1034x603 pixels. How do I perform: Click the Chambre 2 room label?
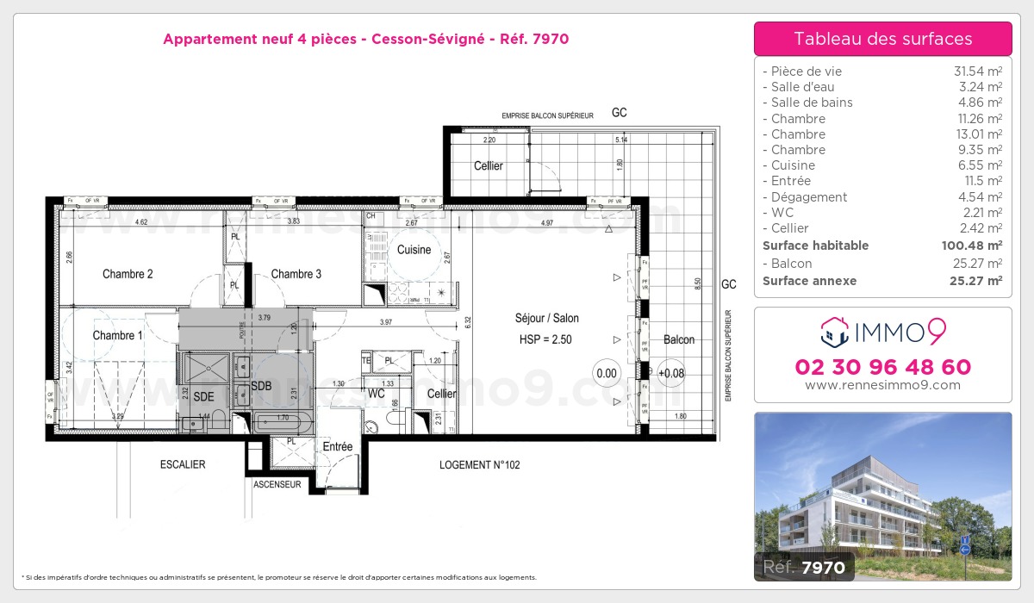[128, 274]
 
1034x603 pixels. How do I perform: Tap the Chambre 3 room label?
[296, 274]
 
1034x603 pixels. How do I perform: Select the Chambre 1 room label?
[118, 335]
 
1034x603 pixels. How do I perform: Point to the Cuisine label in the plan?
[414, 250]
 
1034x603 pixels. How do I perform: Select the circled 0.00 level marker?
[607, 373]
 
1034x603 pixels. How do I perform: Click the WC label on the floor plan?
[377, 394]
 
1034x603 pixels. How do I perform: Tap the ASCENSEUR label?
[277, 485]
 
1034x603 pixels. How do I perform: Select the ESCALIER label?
[183, 464]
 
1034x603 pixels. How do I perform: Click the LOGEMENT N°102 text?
[479, 464]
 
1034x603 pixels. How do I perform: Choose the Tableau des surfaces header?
[882, 39]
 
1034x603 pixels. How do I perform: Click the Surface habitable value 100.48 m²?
[969, 246]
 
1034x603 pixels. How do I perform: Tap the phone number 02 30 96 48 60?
[882, 367]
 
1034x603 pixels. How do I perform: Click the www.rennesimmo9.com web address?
[882, 385]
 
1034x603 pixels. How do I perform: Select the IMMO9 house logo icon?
[833, 331]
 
